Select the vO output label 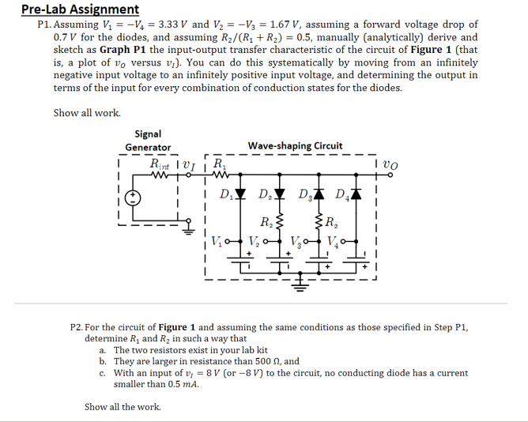click(x=390, y=164)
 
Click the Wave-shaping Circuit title click(x=295, y=145)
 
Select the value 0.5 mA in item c click(x=180, y=384)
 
